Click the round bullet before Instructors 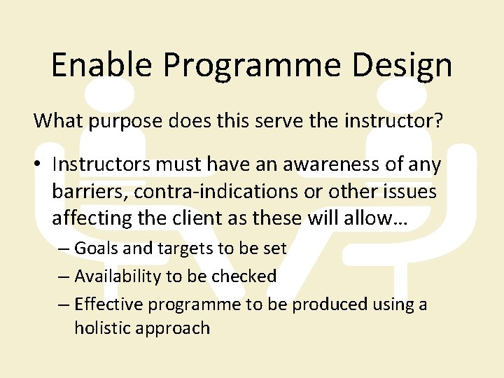38,165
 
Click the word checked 244,276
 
